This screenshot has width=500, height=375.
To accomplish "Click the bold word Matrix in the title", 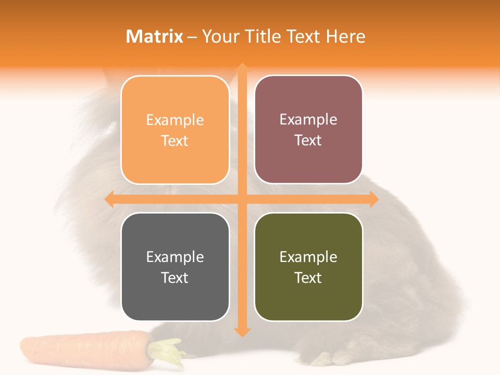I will coord(155,36).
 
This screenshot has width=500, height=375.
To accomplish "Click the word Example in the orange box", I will coord(175,120).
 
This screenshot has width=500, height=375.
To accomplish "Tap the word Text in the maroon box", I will coord(308,141).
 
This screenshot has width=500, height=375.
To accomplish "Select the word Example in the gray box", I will coord(175,257).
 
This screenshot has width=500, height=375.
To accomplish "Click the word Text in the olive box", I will coord(308,278).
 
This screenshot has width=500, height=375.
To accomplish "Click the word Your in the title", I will coord(218,36).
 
